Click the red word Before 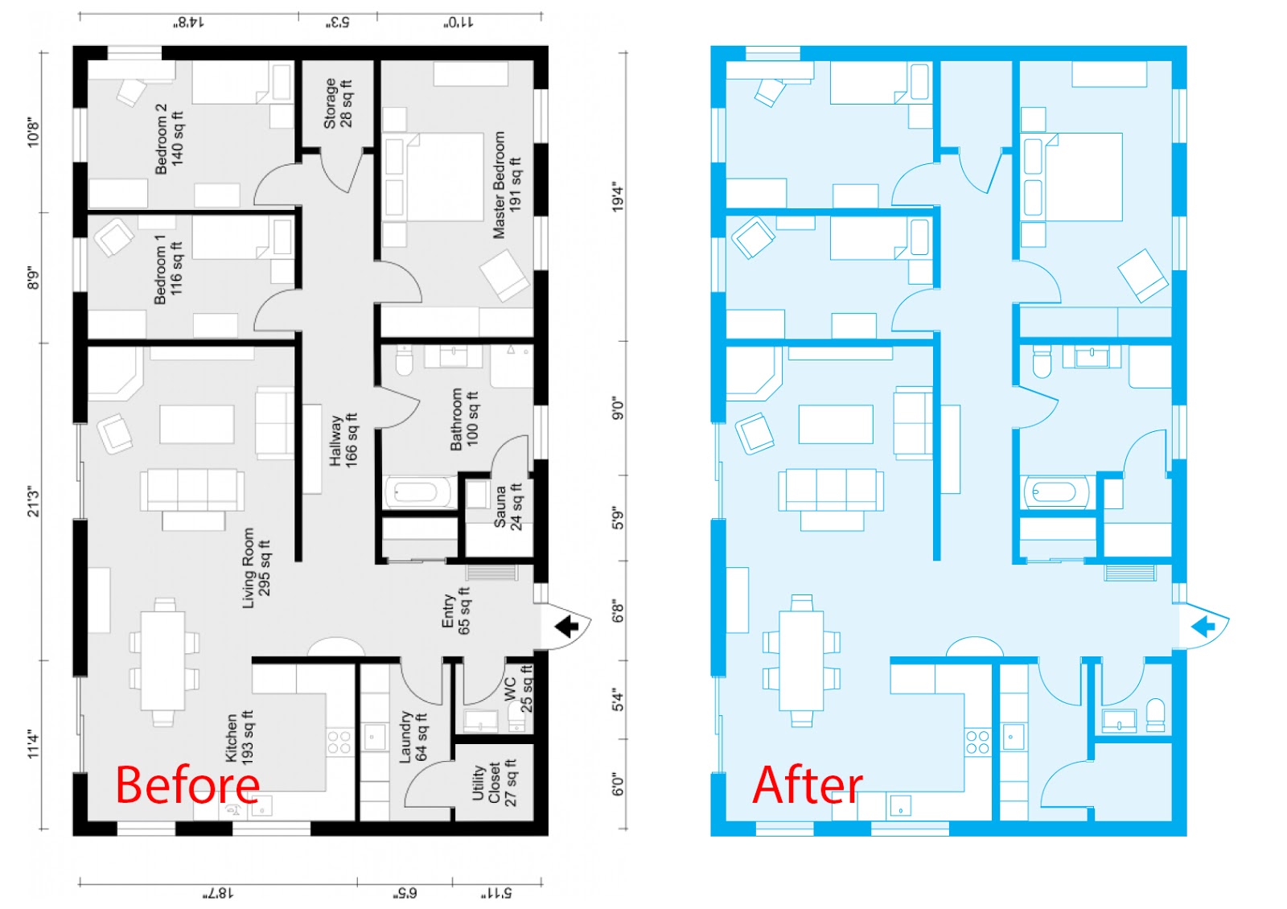pos(187,785)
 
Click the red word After pos(807,785)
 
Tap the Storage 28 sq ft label pos(338,103)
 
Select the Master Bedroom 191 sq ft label pos(507,185)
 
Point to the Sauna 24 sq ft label pos(508,506)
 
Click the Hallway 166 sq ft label pos(343,440)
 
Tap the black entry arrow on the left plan pos(567,626)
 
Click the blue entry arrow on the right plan pos(1203,626)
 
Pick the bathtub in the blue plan pos(1054,492)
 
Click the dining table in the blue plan pos(801,661)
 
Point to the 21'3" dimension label pos(34,501)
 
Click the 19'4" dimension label pos(618,197)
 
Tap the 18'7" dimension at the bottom pos(218,893)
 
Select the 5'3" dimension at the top pos(338,23)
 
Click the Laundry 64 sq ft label pos(413,737)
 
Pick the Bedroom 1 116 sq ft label pos(168,269)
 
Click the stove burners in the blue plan pos(977,742)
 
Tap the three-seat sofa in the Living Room pos(192,489)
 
